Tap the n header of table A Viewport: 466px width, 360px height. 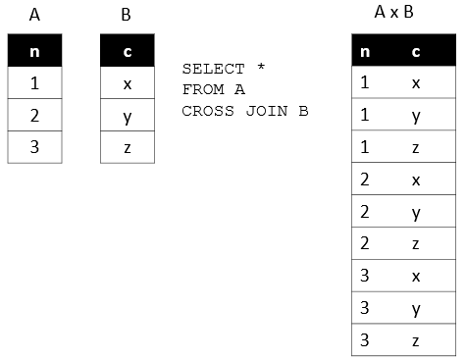pos(35,51)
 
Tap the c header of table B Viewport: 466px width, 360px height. pos(128,51)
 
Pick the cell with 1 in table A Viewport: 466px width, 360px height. pos(35,83)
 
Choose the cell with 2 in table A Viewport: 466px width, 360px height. pos(35,116)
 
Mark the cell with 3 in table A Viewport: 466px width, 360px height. pos(35,147)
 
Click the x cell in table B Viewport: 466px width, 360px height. pos(128,83)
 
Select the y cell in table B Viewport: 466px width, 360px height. pos(128,116)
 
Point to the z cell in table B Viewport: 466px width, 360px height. pos(128,147)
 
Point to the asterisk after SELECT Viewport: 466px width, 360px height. pos(260,70)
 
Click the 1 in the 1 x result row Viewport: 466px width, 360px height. pos(365,83)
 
